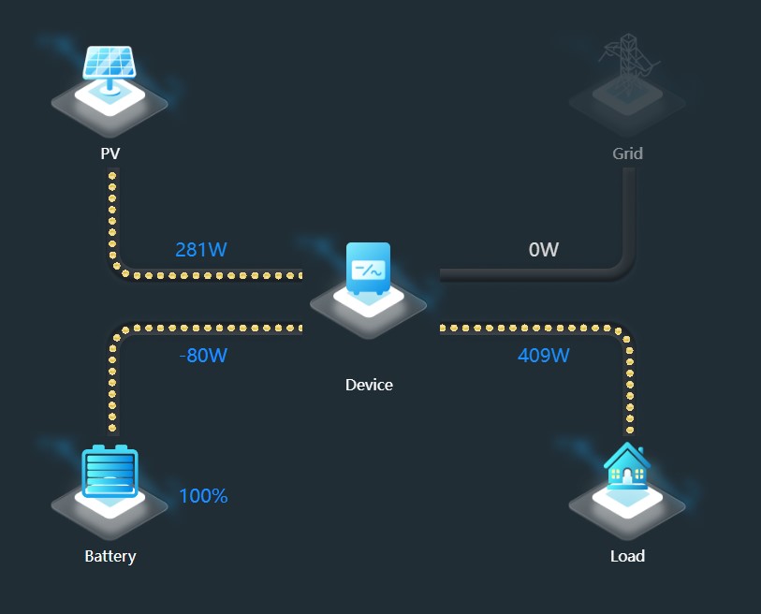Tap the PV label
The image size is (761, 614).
coord(110,153)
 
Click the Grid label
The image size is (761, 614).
coord(627,153)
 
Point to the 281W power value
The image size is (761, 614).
coord(201,250)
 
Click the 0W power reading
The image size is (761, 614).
coord(543,250)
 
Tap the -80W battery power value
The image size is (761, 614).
coord(203,356)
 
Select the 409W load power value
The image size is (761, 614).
coord(543,356)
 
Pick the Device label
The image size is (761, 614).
coord(369,385)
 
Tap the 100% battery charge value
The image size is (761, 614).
coord(203,496)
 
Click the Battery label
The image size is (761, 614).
coord(110,556)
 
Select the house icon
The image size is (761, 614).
coord(627,467)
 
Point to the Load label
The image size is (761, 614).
coord(627,556)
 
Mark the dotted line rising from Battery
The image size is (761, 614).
coord(113,384)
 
